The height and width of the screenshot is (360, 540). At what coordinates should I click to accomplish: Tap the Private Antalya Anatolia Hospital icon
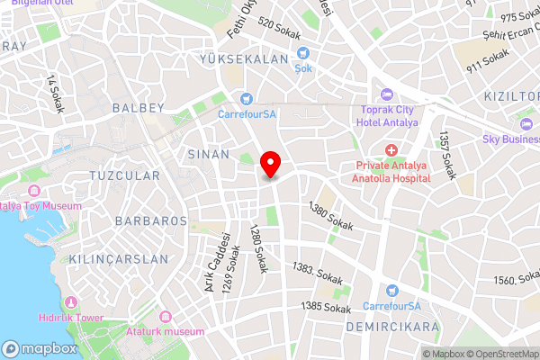point(391,149)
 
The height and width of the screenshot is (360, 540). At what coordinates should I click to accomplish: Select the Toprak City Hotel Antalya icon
point(386,94)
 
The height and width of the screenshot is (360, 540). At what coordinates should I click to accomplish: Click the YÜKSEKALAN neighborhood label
point(244,59)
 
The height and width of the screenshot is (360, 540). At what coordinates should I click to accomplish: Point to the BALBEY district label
point(138,108)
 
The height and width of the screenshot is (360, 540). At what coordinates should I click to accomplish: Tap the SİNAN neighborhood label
point(209,154)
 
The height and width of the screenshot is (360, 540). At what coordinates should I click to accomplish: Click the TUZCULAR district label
point(125,175)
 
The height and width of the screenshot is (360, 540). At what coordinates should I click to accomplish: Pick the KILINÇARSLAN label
point(117,258)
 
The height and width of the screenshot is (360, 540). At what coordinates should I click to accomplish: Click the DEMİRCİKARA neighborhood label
point(392,327)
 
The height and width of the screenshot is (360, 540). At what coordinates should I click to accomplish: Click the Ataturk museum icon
point(165,317)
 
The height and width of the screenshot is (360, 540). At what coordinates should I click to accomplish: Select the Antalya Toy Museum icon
point(34,191)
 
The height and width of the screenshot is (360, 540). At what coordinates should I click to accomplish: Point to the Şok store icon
point(303,53)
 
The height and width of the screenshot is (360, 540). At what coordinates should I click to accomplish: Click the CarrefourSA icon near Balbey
point(245,99)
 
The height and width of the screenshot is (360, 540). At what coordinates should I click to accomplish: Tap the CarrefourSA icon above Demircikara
point(391,290)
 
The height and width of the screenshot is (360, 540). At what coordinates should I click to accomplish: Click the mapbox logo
point(40,348)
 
